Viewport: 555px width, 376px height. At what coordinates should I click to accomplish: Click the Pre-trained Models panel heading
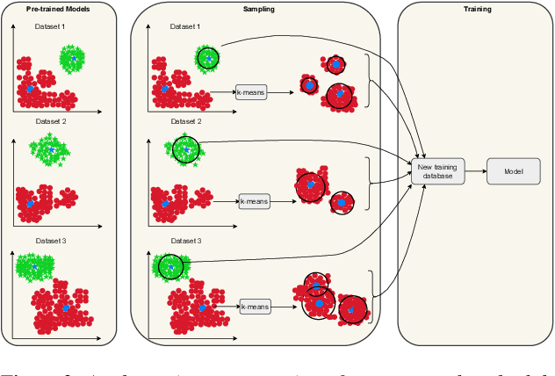click(59, 10)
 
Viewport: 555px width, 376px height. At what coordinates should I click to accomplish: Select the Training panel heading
click(474, 10)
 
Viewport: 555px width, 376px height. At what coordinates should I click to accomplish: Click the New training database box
click(436, 171)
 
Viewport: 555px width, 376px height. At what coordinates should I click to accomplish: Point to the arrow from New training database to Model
click(474, 171)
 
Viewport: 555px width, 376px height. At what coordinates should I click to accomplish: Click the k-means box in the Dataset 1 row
click(251, 90)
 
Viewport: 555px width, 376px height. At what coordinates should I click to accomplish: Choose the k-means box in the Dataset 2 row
click(255, 201)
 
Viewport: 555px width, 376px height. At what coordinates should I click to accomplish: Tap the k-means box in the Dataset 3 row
click(255, 307)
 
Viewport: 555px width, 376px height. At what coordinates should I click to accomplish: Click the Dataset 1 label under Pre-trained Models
click(50, 26)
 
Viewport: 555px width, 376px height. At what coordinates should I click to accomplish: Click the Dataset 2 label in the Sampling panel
click(186, 120)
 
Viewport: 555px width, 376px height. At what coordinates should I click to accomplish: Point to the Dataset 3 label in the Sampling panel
click(186, 241)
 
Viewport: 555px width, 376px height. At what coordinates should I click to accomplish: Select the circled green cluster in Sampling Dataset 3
click(169, 265)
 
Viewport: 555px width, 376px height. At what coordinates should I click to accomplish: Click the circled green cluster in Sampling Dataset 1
click(206, 58)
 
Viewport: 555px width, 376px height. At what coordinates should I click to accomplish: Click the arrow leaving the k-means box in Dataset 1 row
click(280, 90)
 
